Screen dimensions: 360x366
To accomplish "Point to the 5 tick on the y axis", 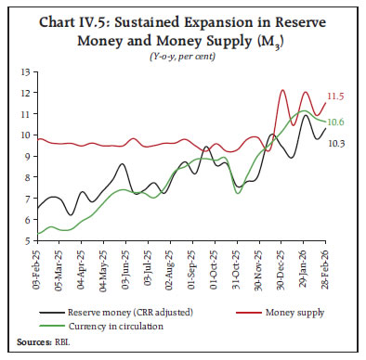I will point(25,240).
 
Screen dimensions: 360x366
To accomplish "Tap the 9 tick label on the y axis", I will point(25,156).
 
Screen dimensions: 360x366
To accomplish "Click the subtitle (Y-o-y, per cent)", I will point(183,58).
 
